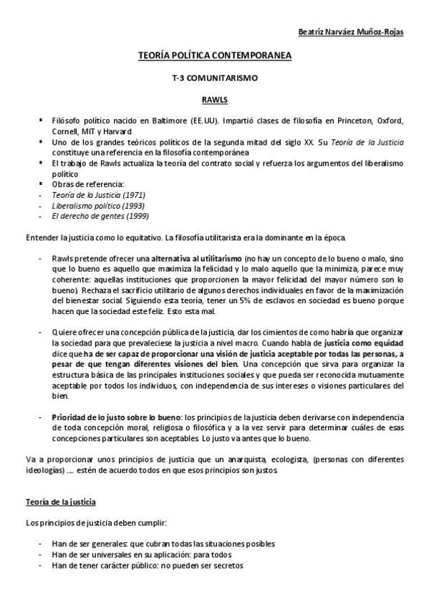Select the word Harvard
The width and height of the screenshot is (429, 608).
(117, 132)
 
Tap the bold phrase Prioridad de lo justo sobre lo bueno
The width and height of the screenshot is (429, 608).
(117, 417)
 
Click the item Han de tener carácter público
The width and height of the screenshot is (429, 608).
(147, 565)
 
